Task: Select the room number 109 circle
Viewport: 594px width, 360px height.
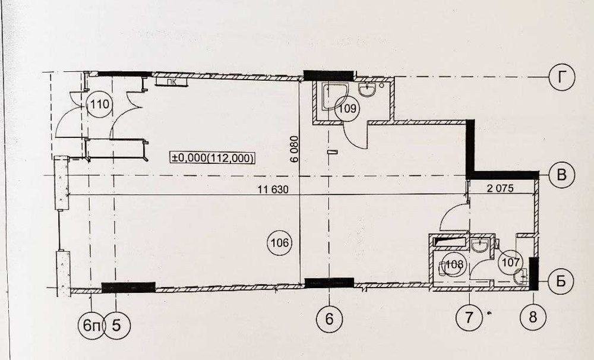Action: point(347,109)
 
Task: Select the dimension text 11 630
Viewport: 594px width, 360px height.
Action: point(273,190)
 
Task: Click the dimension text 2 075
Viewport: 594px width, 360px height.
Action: point(500,188)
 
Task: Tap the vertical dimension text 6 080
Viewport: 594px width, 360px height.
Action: point(295,149)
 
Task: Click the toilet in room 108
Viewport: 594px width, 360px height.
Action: point(441,269)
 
